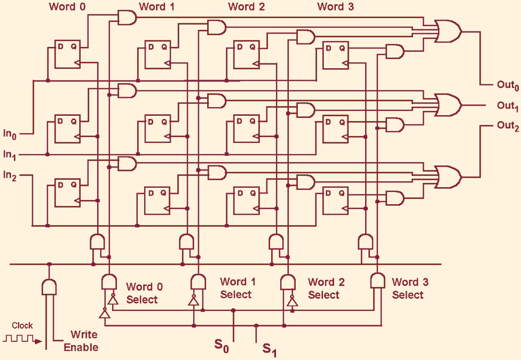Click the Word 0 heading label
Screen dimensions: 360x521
tap(67, 7)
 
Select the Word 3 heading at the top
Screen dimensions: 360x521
tap(335, 7)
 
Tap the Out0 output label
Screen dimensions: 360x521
tap(508, 85)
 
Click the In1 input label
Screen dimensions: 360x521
tap(10, 155)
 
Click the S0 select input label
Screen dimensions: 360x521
tap(222, 346)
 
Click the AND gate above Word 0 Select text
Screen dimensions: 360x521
tap(109, 282)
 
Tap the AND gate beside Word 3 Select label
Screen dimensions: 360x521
tap(378, 281)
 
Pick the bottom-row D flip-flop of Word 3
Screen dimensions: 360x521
tap(335, 200)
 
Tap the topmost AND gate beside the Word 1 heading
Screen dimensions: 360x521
tap(127, 18)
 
